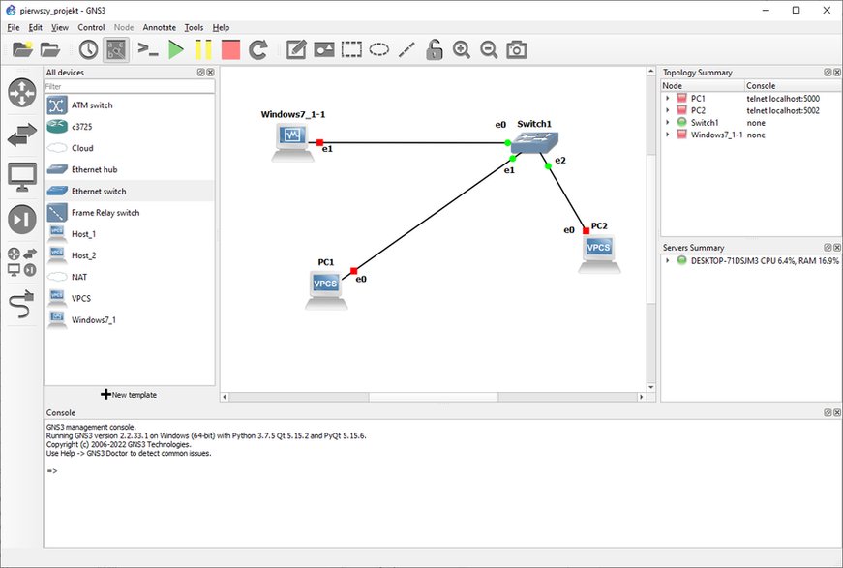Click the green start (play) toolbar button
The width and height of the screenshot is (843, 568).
[x=176, y=50]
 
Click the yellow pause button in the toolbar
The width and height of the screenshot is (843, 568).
[x=203, y=50]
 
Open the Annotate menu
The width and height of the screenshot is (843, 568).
[x=159, y=27]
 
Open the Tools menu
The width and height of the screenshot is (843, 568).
[x=194, y=27]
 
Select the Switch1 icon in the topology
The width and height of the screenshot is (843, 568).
[x=534, y=143]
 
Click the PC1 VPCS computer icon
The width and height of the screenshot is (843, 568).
[x=326, y=290]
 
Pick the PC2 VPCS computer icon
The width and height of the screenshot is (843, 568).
[x=599, y=254]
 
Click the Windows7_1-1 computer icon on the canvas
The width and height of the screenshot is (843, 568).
[x=292, y=142]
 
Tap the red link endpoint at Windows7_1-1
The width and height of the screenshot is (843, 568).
[x=320, y=143]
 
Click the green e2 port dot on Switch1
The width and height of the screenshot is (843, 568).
[x=548, y=166]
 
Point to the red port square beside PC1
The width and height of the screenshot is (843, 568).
[x=354, y=271]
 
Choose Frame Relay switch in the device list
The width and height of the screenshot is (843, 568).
[x=105, y=213]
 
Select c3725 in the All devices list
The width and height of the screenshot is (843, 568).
[x=81, y=127]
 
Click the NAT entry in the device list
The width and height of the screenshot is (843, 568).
[x=79, y=278]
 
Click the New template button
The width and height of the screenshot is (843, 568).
[x=129, y=395]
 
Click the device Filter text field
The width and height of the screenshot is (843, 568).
[x=129, y=86]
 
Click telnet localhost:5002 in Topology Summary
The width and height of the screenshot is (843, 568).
[x=783, y=110]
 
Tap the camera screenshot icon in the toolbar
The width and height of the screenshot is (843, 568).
[x=517, y=50]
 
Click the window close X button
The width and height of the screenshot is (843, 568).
[x=827, y=11]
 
